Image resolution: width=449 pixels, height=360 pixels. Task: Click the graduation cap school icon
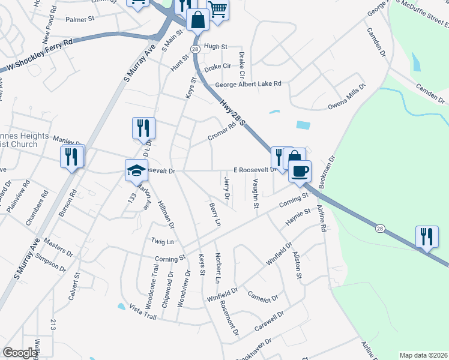(136, 171)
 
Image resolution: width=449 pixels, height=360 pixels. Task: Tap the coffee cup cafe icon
(300, 171)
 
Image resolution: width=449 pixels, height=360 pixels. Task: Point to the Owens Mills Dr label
(346, 98)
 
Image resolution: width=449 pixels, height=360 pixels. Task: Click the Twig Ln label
(162, 241)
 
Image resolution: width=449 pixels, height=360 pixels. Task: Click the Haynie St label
(298, 217)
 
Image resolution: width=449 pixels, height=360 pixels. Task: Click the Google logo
(20, 353)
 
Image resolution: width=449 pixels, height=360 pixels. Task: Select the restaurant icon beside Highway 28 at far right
(427, 236)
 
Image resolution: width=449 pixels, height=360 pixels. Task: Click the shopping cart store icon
(218, 8)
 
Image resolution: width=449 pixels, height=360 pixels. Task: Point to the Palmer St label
(80, 20)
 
